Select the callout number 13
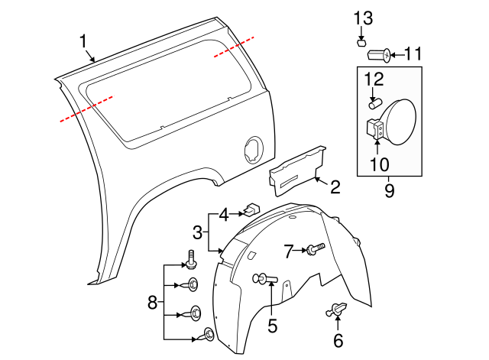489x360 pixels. (x=363, y=18)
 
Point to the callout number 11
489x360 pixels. (x=413, y=54)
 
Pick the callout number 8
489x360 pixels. (x=152, y=303)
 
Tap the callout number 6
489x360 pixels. (x=338, y=340)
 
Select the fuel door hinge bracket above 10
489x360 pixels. (x=375, y=128)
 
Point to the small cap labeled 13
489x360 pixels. (x=364, y=42)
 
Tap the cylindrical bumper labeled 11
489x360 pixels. (x=379, y=54)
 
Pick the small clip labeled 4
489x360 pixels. (x=251, y=207)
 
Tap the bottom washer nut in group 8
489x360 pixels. (x=207, y=333)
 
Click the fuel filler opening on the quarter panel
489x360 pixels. (x=251, y=148)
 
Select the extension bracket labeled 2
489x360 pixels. (x=296, y=170)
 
